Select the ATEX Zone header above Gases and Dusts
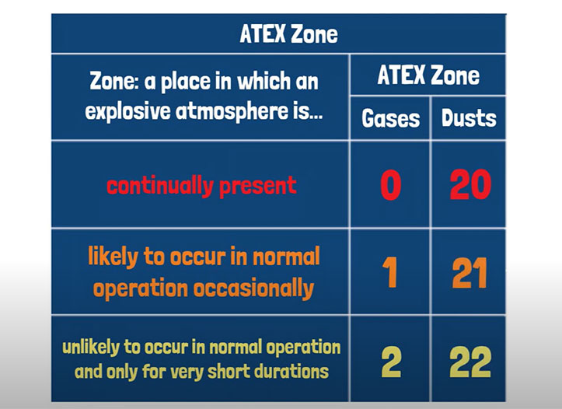click(x=428, y=75)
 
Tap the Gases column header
click(x=390, y=118)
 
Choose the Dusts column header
click(x=469, y=118)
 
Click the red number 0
click(x=390, y=185)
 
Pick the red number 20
click(x=469, y=185)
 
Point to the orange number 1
click(x=390, y=273)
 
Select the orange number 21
click(x=469, y=273)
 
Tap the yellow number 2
click(x=390, y=361)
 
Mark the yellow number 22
click(x=469, y=361)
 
